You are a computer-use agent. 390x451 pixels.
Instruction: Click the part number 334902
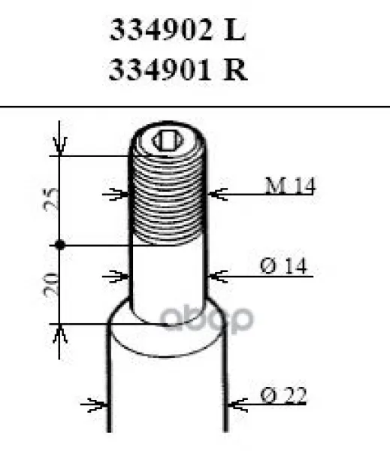coord(161,29)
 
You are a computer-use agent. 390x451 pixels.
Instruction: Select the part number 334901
coord(159,70)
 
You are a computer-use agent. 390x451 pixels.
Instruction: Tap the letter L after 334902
coord(234,29)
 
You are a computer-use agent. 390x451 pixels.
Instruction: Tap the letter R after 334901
coord(235,70)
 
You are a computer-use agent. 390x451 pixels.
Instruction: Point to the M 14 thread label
coord(289,185)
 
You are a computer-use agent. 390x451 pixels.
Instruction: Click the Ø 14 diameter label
coord(283,266)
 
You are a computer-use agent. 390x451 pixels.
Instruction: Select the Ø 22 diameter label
coord(283,395)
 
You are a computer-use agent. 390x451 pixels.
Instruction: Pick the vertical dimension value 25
coord(51,198)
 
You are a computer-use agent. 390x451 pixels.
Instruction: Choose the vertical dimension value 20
coord(50,284)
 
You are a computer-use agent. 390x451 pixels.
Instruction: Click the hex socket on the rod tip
coord(168,141)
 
